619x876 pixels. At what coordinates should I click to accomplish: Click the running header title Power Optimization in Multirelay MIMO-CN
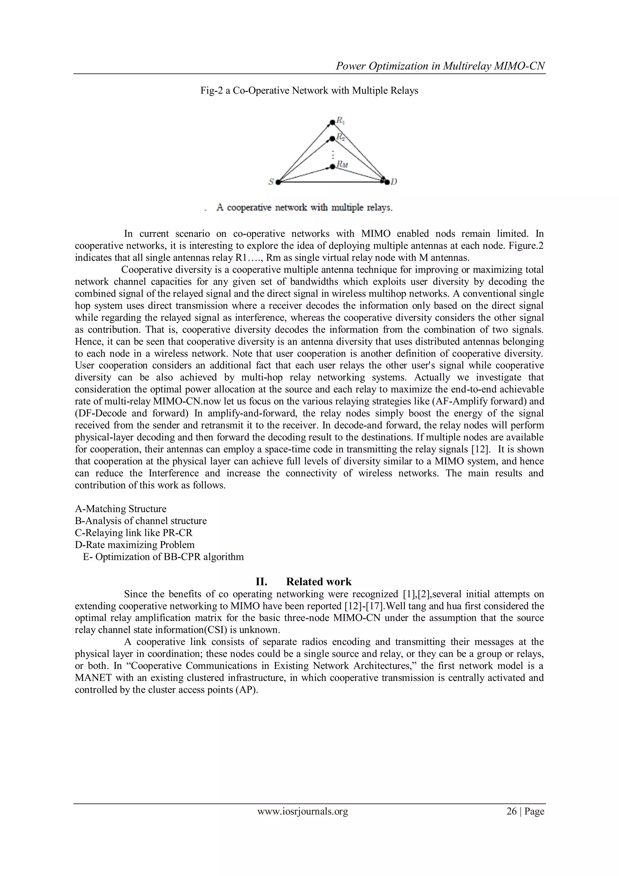point(440,66)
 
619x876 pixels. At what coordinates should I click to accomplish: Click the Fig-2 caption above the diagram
point(309,91)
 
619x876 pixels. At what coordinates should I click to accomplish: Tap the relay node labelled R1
point(332,122)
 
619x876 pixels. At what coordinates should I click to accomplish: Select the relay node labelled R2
point(332,138)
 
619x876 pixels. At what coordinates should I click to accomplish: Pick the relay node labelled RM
point(332,167)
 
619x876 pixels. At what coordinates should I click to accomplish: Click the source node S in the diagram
point(278,182)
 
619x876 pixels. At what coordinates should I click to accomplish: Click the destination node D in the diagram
point(387,182)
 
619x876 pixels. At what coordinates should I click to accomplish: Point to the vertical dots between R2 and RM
point(333,154)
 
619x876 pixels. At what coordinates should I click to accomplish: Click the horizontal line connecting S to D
point(332,182)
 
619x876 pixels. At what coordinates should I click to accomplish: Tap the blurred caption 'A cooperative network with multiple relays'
point(304,208)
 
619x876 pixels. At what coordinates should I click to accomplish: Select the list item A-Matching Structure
point(121,509)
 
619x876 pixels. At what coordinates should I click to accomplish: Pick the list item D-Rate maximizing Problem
point(134,545)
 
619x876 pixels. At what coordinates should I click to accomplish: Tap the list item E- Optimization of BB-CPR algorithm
point(163,557)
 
